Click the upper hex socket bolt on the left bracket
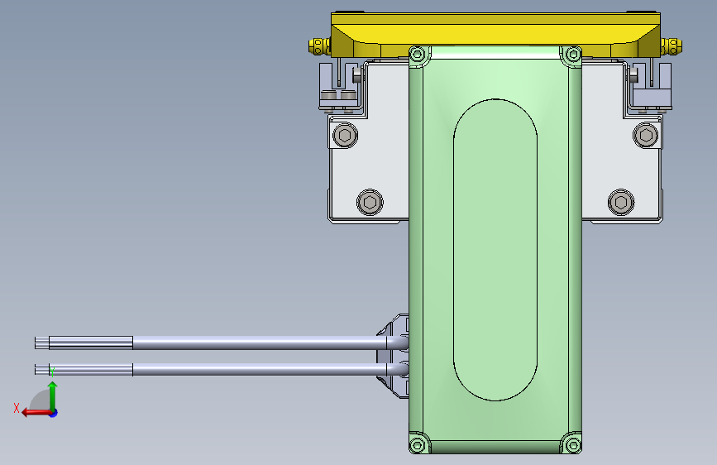point(345,134)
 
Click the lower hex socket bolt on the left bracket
point(370,201)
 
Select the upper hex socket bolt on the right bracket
point(646,134)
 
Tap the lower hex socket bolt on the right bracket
point(620,201)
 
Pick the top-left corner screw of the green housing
point(418,55)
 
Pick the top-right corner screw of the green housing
point(571,55)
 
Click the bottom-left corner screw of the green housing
point(418,445)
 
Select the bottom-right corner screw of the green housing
point(571,445)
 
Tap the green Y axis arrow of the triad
point(53,393)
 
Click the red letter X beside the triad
point(17,407)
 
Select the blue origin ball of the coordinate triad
point(53,412)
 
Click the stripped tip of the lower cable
point(42,369)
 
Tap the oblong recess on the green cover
point(495,249)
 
